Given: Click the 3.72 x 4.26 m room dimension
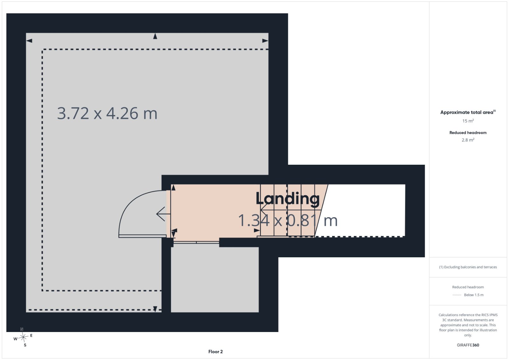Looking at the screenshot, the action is (107, 113).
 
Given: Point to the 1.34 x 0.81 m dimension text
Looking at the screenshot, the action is (288, 220).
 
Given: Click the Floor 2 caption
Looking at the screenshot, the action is (215, 352).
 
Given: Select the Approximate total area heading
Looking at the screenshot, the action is (468, 112).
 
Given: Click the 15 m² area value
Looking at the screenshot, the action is (468, 121).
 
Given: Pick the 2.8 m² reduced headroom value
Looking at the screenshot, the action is (468, 140).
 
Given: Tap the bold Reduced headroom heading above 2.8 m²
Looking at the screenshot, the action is (468, 133).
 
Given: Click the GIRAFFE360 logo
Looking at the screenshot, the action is (468, 345).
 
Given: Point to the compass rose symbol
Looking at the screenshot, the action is (23, 337).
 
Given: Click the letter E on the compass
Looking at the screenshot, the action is (31, 336).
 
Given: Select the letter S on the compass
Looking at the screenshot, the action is (25, 345).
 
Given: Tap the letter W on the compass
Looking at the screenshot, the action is (16, 339).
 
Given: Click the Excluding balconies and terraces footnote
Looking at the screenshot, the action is (468, 267).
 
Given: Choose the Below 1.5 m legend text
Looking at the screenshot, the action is (474, 295).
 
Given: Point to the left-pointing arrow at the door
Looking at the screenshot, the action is (164, 214).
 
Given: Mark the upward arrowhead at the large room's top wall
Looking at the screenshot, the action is (155, 36).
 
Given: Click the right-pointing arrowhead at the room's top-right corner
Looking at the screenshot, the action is (265, 41).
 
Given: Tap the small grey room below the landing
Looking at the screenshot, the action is (215, 280).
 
